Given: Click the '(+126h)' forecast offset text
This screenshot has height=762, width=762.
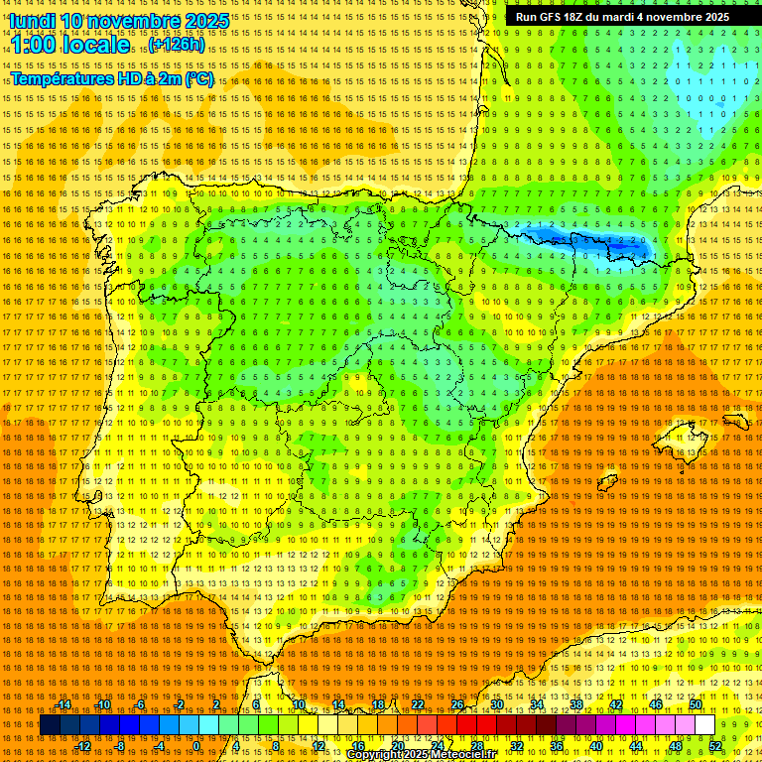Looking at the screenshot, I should (x=178, y=45).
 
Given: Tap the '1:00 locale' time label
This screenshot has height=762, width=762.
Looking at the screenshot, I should (x=69, y=46).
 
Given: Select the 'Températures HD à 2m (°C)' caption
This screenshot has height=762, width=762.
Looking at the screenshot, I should (x=111, y=79).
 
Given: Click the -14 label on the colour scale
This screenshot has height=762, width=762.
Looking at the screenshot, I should (x=63, y=704).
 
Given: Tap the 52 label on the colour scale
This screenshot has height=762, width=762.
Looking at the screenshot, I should (x=715, y=746).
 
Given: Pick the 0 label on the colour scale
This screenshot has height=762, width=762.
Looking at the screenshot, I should (x=197, y=746).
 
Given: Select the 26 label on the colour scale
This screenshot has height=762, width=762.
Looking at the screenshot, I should (x=457, y=704).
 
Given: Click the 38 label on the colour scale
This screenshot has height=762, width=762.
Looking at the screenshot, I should (x=575, y=704).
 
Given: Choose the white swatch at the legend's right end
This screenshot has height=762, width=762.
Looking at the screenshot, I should (x=704, y=725).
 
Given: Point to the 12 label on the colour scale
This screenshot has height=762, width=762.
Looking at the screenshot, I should (x=318, y=746).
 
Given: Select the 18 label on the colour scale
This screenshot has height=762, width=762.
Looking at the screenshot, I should (x=378, y=704).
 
